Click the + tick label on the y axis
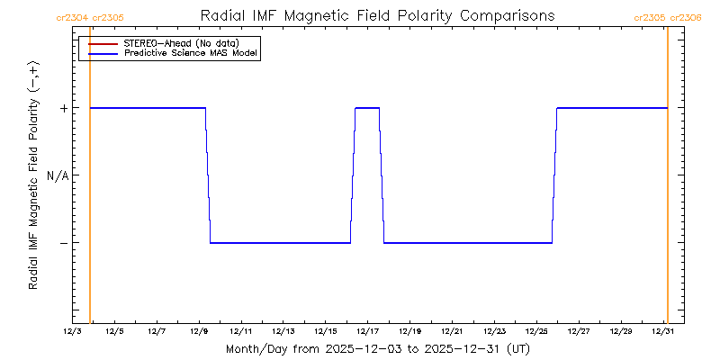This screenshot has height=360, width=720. point(63,108)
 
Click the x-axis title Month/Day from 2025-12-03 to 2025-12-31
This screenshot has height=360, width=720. point(378,348)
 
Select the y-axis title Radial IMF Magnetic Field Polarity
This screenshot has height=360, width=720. point(33,175)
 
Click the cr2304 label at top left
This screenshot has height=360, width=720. point(71,17)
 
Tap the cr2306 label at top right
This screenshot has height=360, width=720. point(686,17)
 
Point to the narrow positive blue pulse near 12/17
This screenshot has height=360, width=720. point(367,108)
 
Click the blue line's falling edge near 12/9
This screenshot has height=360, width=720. point(208,175)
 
